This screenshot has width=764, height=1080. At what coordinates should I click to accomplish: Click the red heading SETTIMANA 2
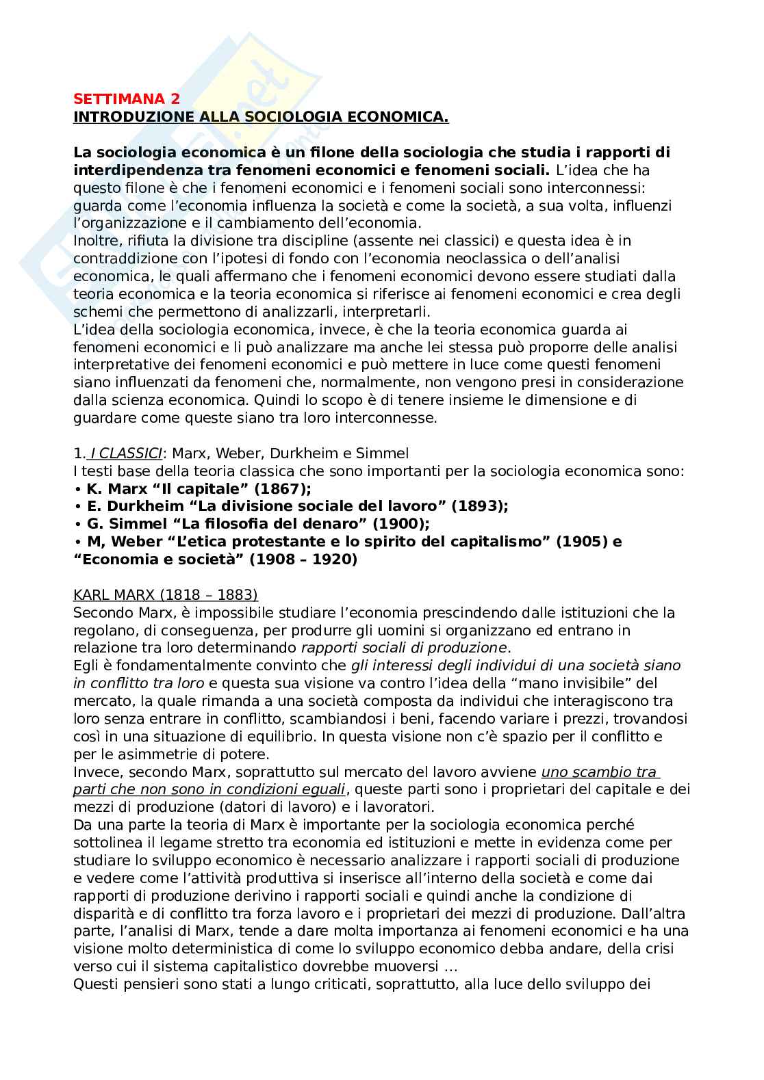pyautogui.click(x=127, y=100)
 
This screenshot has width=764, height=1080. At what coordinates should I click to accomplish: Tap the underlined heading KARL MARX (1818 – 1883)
pyautogui.click(x=166, y=594)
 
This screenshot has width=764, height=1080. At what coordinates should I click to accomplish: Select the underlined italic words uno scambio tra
pyautogui.click(x=599, y=772)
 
